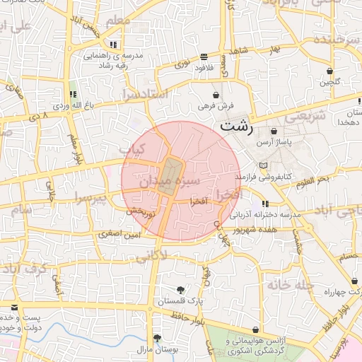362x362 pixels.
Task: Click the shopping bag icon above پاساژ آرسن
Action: point(274,131)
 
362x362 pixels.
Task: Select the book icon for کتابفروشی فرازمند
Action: point(263,165)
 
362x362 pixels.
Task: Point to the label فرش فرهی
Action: point(215,105)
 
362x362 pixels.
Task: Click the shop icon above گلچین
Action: point(330,71)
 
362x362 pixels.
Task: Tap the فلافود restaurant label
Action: point(204,68)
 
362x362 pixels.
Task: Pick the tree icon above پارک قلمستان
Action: point(180,289)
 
